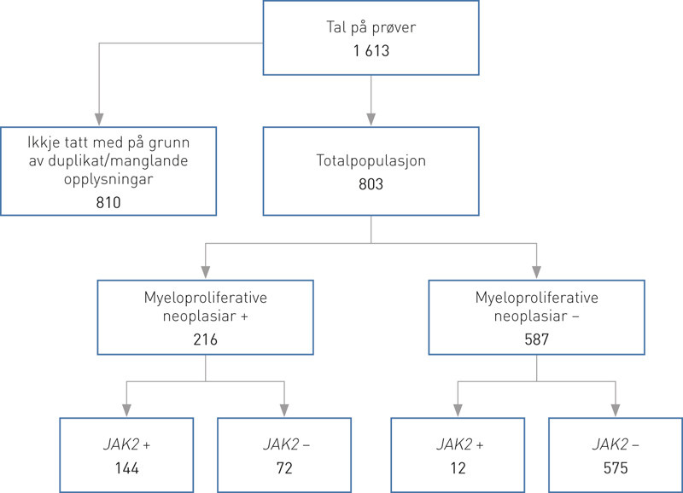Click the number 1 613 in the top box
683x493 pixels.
point(371,52)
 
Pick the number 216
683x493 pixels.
point(206,339)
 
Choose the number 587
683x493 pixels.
point(536,339)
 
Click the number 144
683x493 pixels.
point(126,468)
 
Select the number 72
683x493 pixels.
point(284,468)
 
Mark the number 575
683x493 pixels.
point(615,468)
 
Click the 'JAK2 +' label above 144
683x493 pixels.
point(126,444)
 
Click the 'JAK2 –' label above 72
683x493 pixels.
point(284,444)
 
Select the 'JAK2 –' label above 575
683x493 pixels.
point(615,444)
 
